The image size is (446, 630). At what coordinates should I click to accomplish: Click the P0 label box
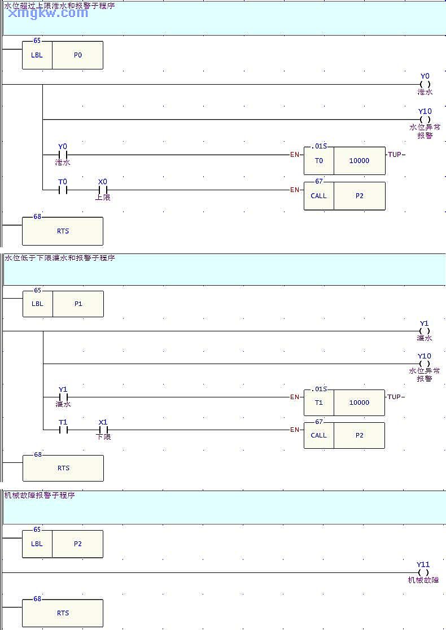tap(77, 55)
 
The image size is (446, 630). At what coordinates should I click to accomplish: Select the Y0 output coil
tap(425, 84)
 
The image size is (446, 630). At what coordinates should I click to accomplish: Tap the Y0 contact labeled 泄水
tap(63, 154)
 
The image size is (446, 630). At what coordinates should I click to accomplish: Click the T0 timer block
tap(319, 160)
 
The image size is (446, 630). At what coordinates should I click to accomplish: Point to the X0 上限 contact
tap(103, 190)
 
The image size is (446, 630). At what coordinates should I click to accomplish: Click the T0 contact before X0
tap(63, 190)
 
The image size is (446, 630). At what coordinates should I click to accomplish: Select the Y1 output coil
tap(425, 331)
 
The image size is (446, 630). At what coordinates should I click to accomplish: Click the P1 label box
tap(78, 304)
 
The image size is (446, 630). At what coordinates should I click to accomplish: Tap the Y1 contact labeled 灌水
tap(63, 397)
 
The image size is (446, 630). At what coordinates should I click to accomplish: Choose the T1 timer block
tap(319, 403)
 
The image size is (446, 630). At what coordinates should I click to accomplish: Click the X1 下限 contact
tap(103, 430)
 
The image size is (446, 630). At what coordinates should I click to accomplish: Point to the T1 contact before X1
tap(63, 430)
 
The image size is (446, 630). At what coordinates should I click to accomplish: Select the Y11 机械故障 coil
tap(423, 572)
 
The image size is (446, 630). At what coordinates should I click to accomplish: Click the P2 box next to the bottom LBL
tap(77, 544)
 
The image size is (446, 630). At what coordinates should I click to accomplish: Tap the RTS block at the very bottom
tap(63, 613)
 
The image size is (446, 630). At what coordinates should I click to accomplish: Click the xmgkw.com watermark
tap(49, 12)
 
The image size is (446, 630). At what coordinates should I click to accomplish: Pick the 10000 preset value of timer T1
tap(359, 403)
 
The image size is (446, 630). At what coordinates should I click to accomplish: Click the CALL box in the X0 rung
tap(318, 196)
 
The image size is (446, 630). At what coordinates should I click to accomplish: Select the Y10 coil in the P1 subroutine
tap(425, 364)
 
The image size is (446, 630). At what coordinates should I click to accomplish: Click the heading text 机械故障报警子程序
tap(40, 495)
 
